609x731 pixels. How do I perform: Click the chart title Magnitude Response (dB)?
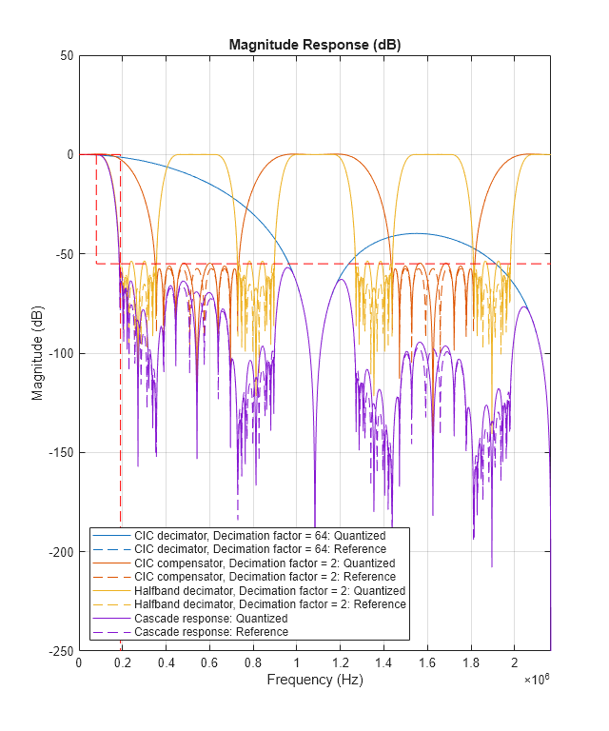tap(314, 46)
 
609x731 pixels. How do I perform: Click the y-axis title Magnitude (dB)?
tap(38, 353)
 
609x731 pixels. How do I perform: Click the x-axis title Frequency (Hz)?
tap(314, 680)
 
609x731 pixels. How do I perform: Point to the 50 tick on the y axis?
tap(67, 55)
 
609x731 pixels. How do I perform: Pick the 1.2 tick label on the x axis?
tap(340, 662)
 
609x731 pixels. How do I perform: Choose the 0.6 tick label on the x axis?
tap(209, 662)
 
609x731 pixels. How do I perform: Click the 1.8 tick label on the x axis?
tap(471, 662)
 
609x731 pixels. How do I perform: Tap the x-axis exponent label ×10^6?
tap(537, 680)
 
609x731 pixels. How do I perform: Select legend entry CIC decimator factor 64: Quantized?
tap(260, 536)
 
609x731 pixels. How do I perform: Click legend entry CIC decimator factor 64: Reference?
tap(260, 549)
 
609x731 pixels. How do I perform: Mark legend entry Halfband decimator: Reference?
tap(269, 604)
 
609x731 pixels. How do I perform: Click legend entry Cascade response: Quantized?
tap(210, 619)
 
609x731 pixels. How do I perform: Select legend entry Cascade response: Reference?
tap(210, 632)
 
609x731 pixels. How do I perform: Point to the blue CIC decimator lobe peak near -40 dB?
tap(417, 233)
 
